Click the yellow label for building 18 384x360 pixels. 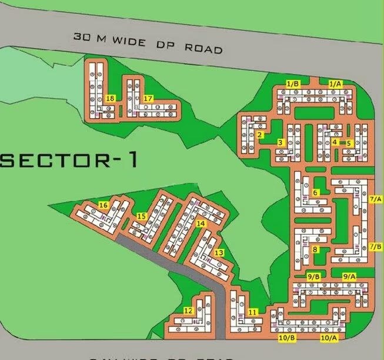[x=111, y=98]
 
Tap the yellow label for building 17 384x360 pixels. [x=148, y=98]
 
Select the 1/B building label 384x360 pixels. [x=293, y=84]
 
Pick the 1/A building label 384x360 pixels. [x=335, y=84]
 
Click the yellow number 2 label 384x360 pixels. [x=259, y=135]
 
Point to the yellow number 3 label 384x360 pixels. [x=281, y=142]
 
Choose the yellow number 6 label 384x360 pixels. [x=315, y=192]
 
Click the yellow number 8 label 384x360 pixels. [x=315, y=249]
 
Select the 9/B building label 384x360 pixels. [x=314, y=276]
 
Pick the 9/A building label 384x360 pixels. [x=349, y=276]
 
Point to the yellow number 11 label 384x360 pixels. [x=253, y=311]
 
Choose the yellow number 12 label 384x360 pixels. [x=189, y=311]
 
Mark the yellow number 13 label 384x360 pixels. [x=219, y=252]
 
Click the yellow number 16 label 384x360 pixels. [x=103, y=205]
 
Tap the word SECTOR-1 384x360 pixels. [x=69, y=160]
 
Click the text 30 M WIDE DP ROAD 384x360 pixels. [x=148, y=42]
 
